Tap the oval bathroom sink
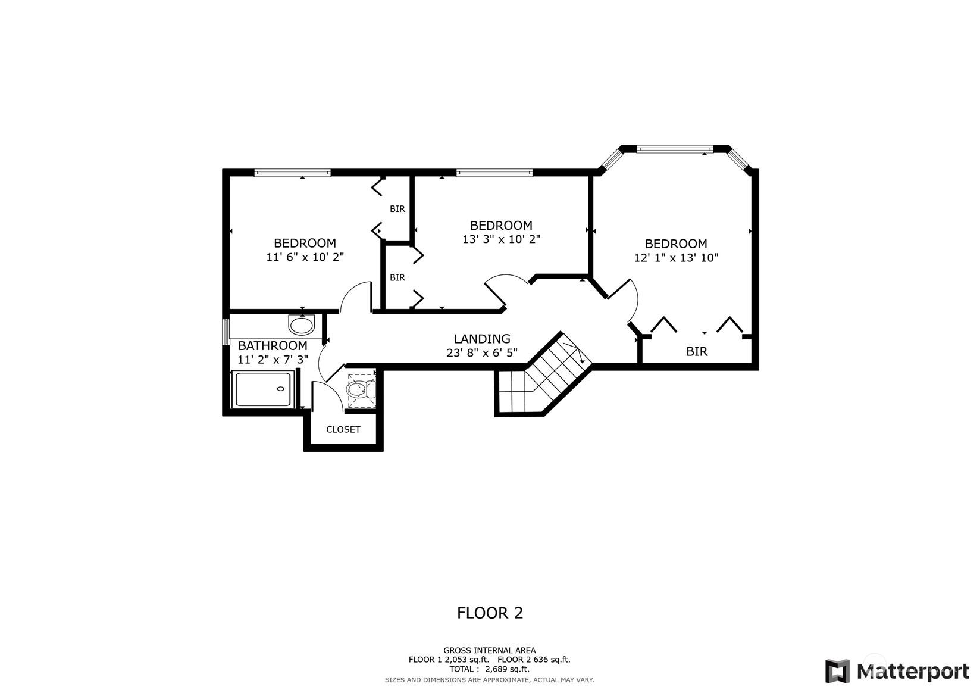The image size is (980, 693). [x=302, y=325]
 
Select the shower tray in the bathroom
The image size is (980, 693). [x=263, y=389]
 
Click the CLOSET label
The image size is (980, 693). [x=343, y=429]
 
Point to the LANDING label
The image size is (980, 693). [x=482, y=339]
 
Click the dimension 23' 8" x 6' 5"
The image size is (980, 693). [x=482, y=353]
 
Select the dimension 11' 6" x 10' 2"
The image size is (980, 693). [x=305, y=257]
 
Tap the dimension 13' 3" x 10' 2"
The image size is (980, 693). [x=502, y=239]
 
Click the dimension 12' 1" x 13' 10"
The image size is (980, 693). [x=676, y=258]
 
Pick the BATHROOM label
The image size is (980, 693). [x=273, y=346]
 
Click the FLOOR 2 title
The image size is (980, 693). [x=490, y=613]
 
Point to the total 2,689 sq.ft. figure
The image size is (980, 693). [x=507, y=669]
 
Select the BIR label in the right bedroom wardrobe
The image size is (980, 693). [x=697, y=351]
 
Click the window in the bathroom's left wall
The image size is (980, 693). [x=226, y=332]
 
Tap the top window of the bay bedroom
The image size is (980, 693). [x=675, y=149]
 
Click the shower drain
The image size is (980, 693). [x=280, y=389]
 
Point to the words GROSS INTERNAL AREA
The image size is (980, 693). [x=490, y=651]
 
